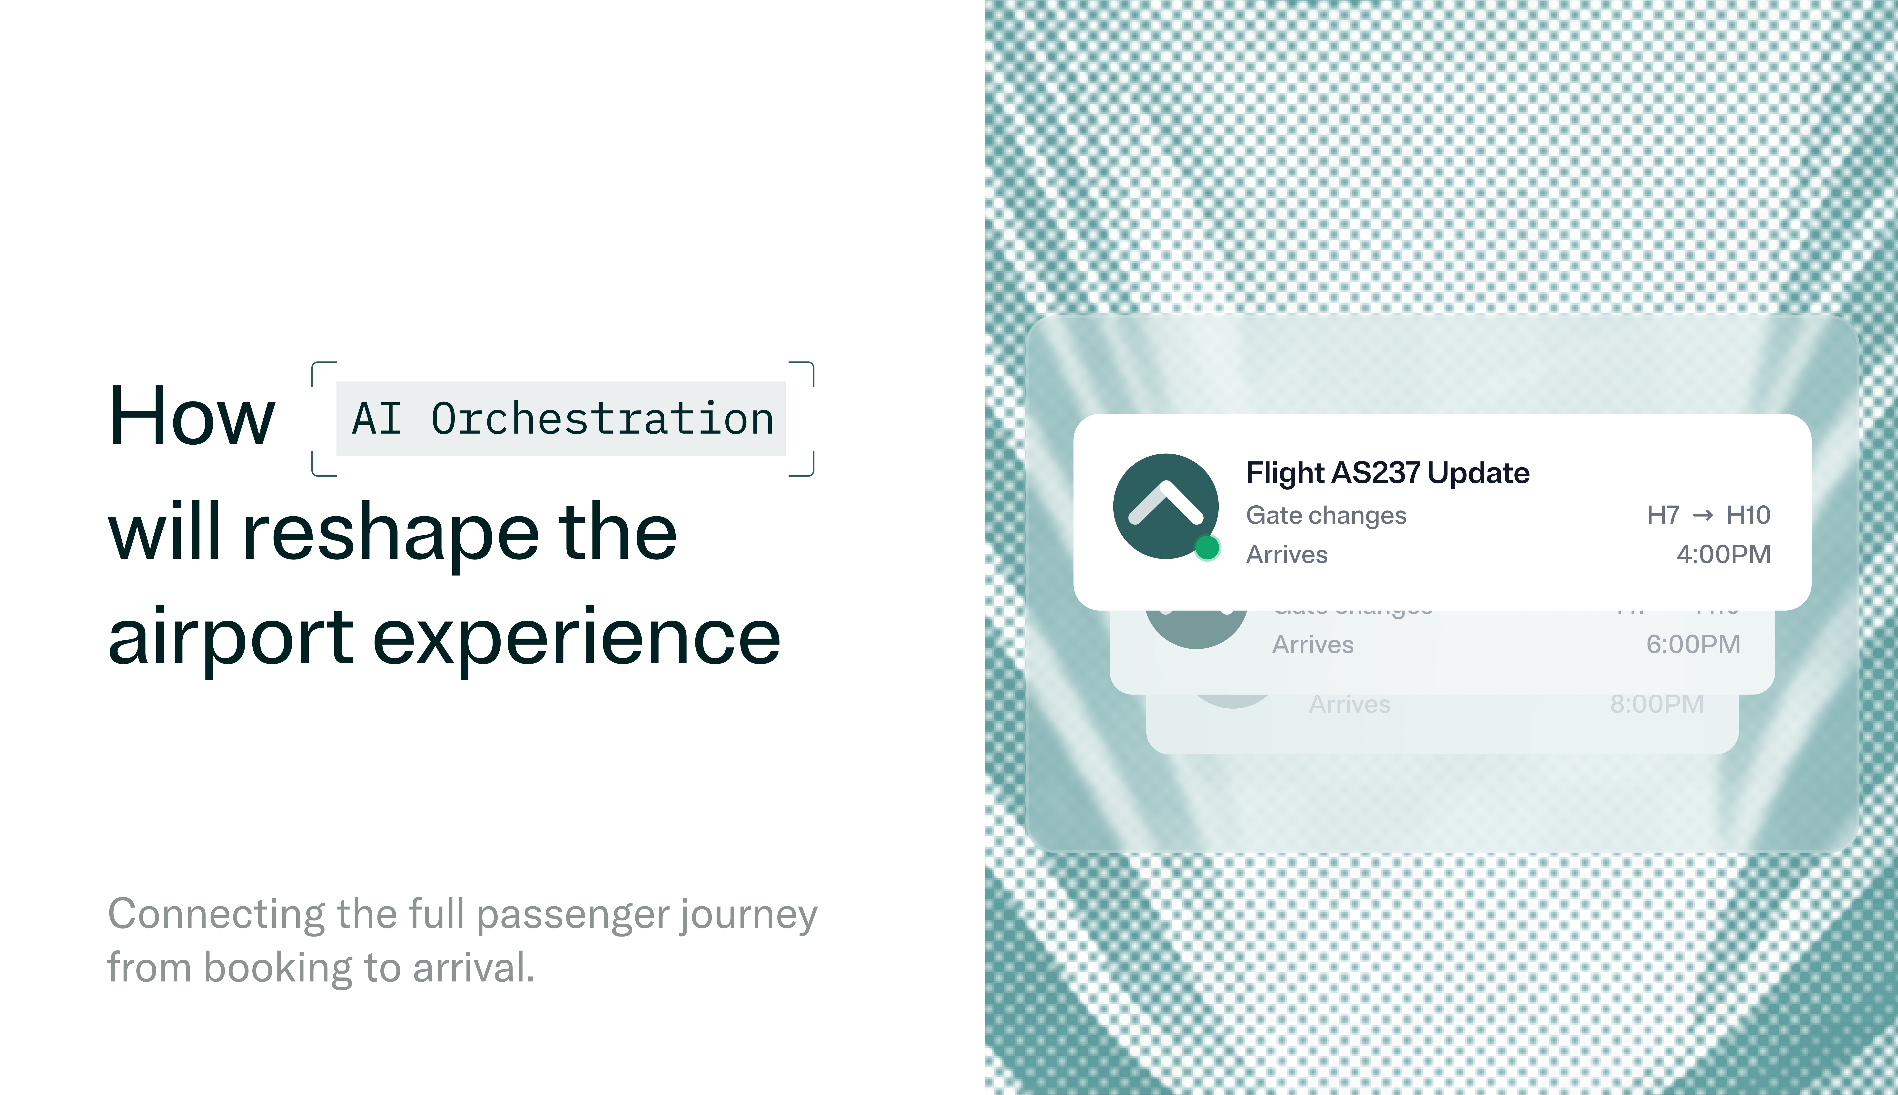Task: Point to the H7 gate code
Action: click(1662, 515)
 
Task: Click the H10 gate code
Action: click(1748, 515)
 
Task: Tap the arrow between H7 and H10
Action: click(1702, 515)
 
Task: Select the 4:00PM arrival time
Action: click(1723, 554)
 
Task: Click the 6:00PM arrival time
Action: click(1693, 645)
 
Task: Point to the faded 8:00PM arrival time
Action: click(1657, 704)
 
